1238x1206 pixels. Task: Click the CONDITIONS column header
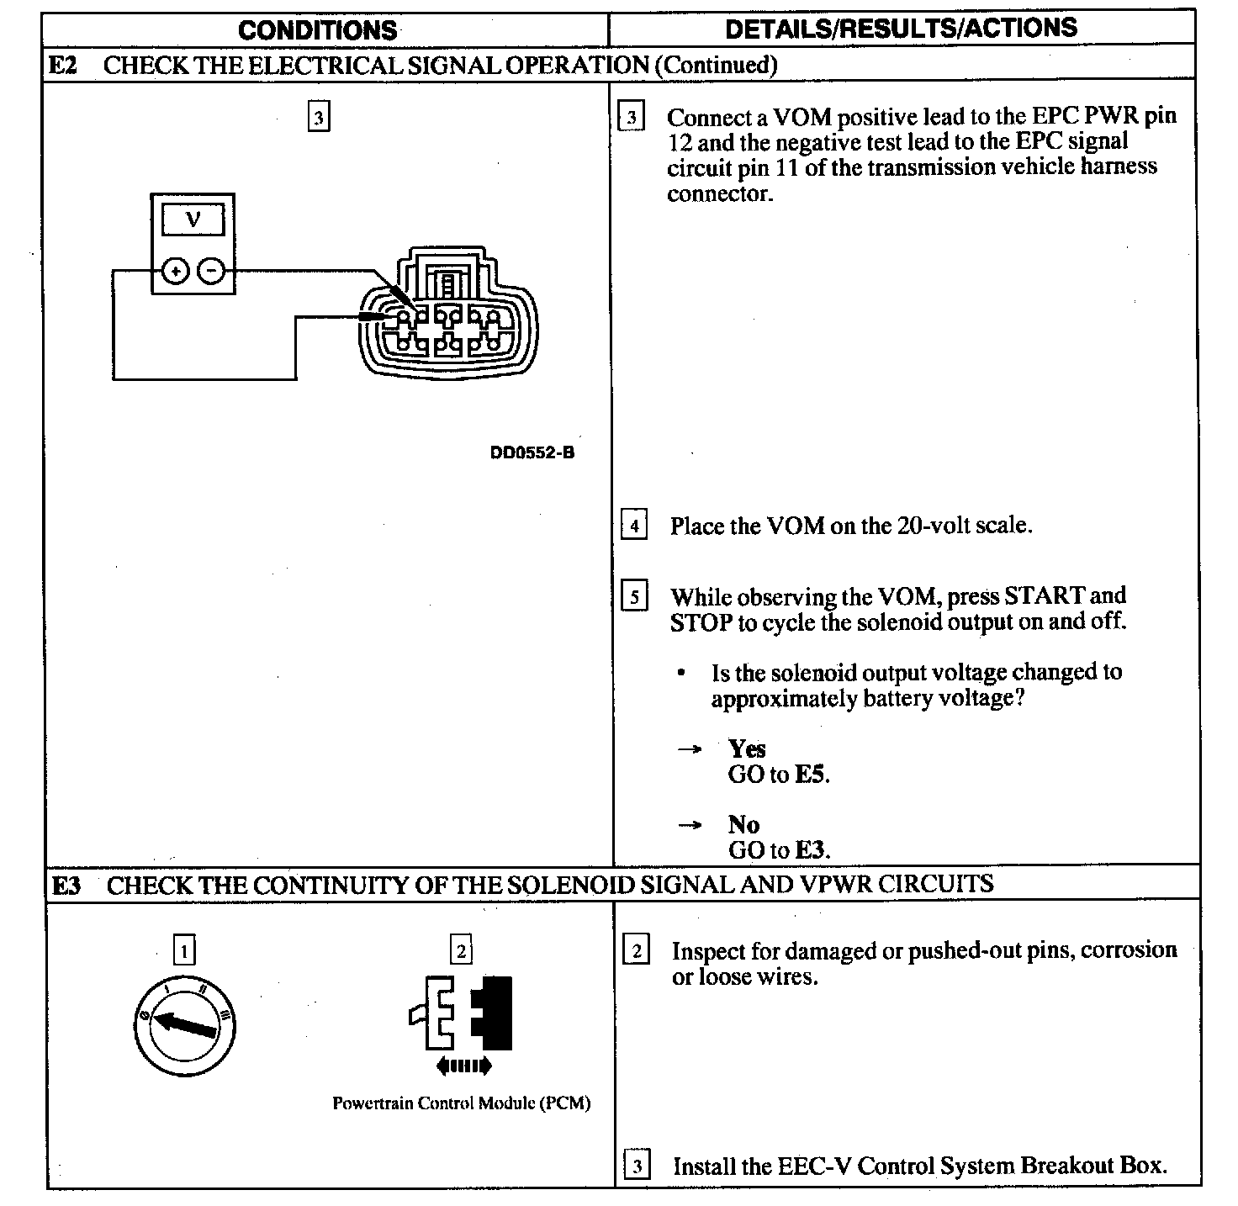point(317,30)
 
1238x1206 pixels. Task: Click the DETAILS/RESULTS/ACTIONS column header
point(901,28)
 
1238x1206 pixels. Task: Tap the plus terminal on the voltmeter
point(175,271)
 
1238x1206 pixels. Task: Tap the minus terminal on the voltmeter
point(212,271)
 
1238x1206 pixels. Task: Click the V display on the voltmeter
point(193,220)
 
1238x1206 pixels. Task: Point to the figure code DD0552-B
point(532,452)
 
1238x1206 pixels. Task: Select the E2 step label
point(62,65)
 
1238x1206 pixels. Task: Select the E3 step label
point(66,886)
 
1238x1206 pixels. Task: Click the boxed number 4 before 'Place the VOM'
point(634,526)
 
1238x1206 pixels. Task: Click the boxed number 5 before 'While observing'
point(634,597)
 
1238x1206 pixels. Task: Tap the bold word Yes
point(747,748)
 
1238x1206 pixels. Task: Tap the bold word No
point(743,824)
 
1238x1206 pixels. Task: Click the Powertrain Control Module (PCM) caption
point(461,1103)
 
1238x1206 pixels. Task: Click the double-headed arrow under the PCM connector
point(463,1066)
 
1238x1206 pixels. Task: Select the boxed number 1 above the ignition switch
point(184,950)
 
